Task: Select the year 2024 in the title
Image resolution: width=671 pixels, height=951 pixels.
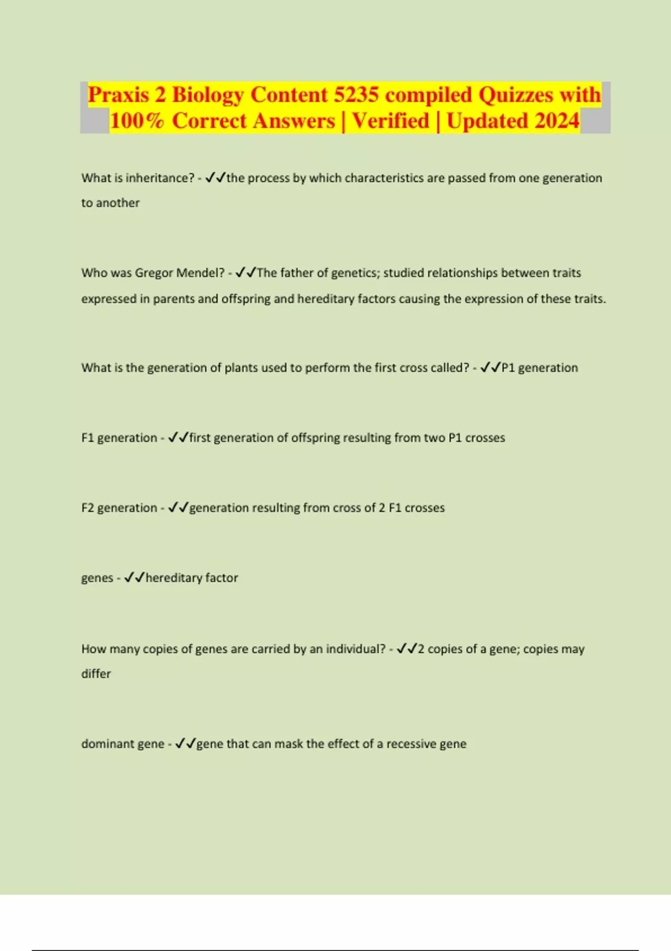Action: click(x=556, y=121)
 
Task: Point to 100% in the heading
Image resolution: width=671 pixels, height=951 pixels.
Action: click(x=137, y=121)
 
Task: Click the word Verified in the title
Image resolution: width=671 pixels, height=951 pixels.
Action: click(x=390, y=121)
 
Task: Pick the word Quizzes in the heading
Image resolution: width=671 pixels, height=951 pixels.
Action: click(x=515, y=95)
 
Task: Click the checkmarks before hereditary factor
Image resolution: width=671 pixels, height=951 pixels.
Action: click(x=134, y=578)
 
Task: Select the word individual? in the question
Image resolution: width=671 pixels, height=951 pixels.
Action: click(x=356, y=649)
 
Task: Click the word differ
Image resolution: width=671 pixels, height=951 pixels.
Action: click(x=96, y=674)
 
